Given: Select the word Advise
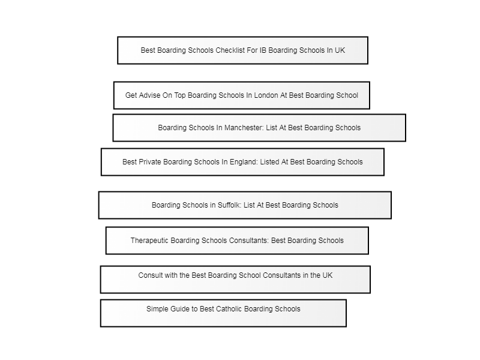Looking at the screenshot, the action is click(149, 95).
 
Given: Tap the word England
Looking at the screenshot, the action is click(244, 162).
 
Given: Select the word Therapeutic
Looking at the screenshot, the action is click(149, 241).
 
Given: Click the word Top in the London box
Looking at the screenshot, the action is click(180, 95).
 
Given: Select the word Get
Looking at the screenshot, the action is click(131, 95).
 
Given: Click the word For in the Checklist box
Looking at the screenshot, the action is click(252, 50).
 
